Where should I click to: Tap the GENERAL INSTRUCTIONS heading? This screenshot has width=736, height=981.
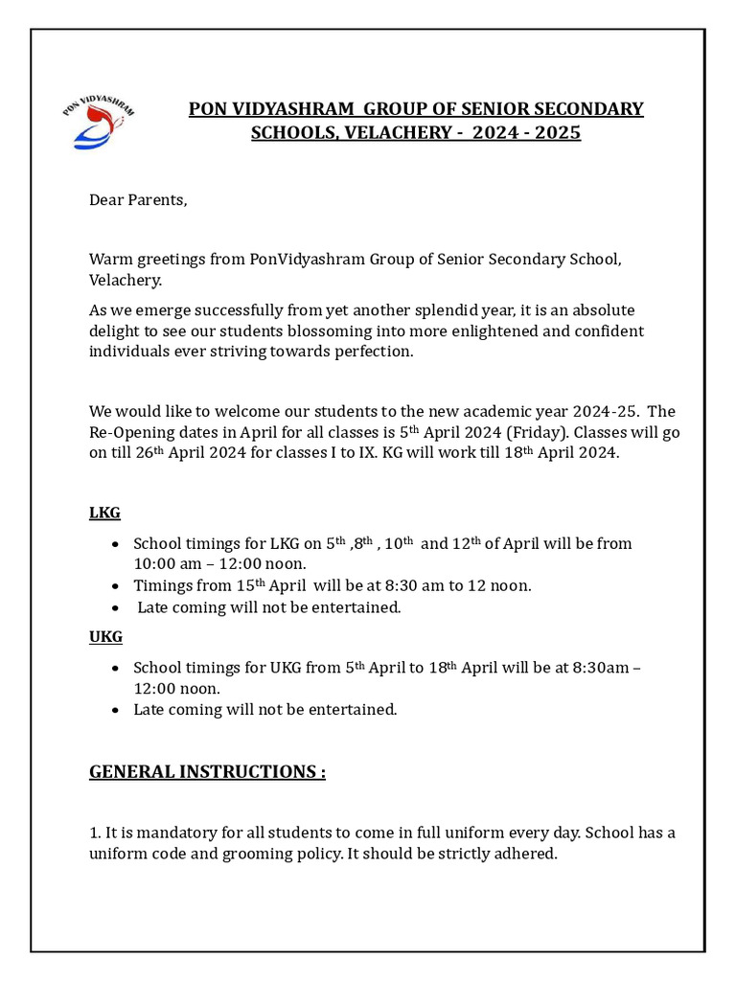(207, 772)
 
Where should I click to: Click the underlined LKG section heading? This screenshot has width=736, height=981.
(104, 513)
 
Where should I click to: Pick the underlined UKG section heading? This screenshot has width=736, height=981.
(105, 636)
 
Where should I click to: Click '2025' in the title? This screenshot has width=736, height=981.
(558, 133)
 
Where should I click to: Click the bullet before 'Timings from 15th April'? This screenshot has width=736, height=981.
(116, 586)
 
